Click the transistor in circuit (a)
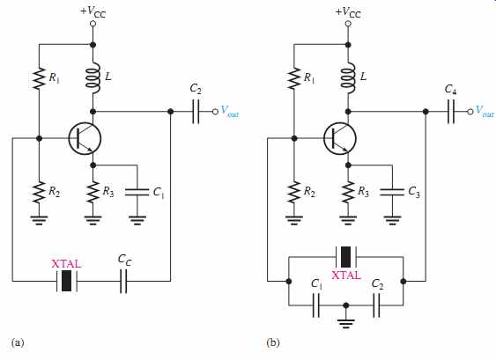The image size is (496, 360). (85, 139)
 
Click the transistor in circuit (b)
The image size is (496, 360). (340, 139)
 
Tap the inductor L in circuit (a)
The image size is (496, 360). (93, 78)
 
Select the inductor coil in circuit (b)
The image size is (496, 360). (349, 78)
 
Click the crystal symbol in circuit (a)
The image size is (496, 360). (66, 281)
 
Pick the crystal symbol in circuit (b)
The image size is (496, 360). (345, 257)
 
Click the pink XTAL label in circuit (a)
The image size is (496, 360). (66, 263)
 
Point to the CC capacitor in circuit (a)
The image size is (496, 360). (123, 281)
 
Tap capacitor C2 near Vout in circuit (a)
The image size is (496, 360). (196, 112)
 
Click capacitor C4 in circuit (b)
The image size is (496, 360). (451, 112)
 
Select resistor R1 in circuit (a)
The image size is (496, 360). (40, 77)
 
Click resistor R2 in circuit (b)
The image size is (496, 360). (294, 192)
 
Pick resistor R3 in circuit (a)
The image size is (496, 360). (93, 192)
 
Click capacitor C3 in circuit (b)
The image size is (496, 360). (392, 192)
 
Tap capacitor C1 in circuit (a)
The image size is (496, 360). (137, 192)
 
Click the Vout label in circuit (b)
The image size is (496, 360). (485, 111)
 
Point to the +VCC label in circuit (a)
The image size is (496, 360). (93, 11)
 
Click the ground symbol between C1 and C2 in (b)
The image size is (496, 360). (346, 322)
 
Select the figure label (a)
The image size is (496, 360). (18, 342)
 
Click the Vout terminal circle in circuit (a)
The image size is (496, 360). (215, 112)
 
